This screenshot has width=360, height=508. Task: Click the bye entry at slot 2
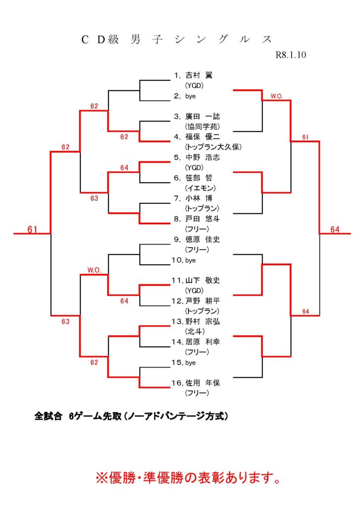point(190,96)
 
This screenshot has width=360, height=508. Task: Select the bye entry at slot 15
point(190,363)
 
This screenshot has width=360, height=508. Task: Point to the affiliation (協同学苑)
point(202,127)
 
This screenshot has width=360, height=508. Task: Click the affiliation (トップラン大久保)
point(213,147)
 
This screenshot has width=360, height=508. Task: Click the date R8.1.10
point(291,55)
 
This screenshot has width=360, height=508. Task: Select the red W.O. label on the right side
point(277,96)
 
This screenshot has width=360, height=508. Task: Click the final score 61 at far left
point(33,229)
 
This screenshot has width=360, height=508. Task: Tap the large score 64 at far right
point(335,229)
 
